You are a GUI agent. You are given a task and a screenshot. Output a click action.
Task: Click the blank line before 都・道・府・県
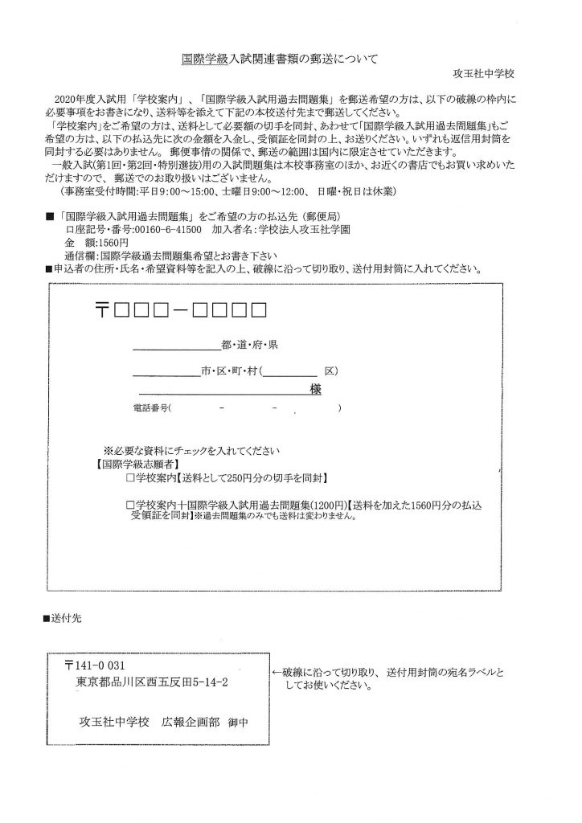(x=175, y=348)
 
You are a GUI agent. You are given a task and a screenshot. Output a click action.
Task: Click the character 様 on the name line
(x=316, y=389)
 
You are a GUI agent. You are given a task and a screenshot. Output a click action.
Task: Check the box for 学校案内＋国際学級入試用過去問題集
(x=131, y=505)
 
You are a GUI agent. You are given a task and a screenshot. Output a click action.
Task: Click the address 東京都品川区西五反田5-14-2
(x=150, y=682)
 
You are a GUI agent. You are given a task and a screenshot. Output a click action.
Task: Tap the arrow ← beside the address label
(x=277, y=671)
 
